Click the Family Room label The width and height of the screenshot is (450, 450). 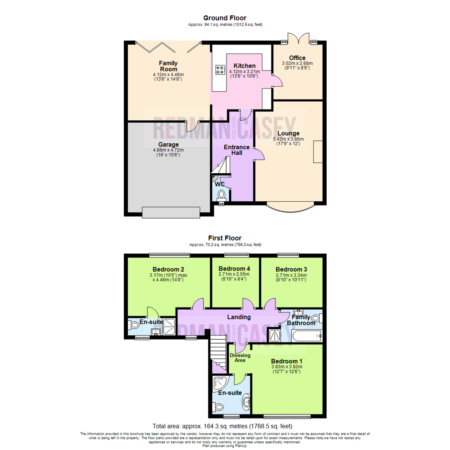[168, 66]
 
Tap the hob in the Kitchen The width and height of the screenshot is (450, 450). [220, 70]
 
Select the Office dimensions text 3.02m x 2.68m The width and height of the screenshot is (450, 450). [297, 63]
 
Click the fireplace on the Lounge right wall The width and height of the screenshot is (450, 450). [318, 152]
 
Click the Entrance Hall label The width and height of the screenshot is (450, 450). [237, 150]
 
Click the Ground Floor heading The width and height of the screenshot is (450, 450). [225, 18]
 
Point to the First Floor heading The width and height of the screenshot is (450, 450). [225, 238]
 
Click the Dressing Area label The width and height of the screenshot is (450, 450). [240, 357]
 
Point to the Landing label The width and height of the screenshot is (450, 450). [239, 317]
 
